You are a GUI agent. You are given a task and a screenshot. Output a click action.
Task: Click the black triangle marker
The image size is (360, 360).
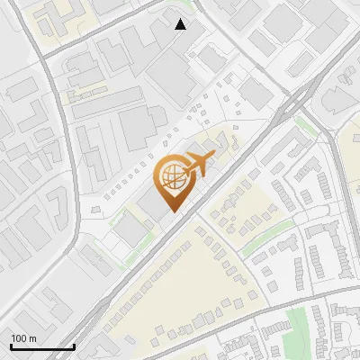point(181,24)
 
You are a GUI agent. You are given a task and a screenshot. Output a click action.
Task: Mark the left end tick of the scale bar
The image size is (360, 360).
point(11,346)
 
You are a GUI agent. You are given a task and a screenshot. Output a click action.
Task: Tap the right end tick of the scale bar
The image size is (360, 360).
point(74,346)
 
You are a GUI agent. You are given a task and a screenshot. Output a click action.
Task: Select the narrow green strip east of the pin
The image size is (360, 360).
point(270,227)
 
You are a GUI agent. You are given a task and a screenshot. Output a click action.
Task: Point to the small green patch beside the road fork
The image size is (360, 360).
point(307,126)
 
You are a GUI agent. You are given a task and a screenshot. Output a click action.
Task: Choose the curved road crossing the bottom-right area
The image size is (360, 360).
point(270,306)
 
